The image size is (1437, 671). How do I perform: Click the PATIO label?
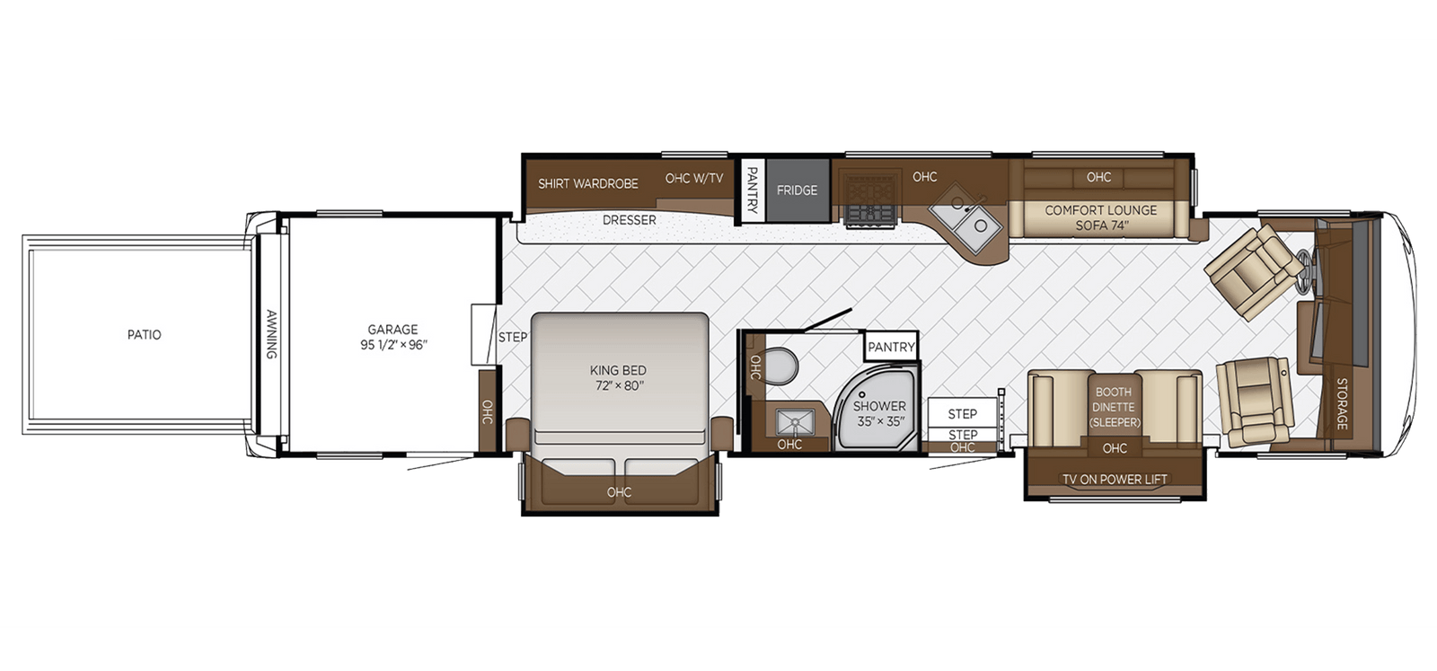pyautogui.click(x=144, y=335)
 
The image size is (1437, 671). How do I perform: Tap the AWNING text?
pyautogui.click(x=271, y=335)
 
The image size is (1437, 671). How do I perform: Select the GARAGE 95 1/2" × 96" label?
pyautogui.click(x=393, y=337)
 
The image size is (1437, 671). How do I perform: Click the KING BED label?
pyautogui.click(x=618, y=377)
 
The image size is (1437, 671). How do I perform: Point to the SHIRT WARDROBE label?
pyautogui.click(x=588, y=183)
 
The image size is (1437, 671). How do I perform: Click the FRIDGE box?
pyautogui.click(x=798, y=190)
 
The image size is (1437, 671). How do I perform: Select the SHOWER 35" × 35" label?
pyautogui.click(x=879, y=413)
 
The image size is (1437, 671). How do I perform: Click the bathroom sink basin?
pyautogui.click(x=796, y=421)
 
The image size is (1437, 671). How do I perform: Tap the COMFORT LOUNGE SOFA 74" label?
pyautogui.click(x=1100, y=217)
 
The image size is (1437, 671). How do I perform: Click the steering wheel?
pyautogui.click(x=1303, y=264)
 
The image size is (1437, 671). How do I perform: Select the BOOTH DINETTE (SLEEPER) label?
pyautogui.click(x=1115, y=407)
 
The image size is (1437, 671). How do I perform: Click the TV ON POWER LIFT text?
pyautogui.click(x=1115, y=480)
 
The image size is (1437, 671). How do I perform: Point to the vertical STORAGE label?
pyautogui.click(x=1342, y=403)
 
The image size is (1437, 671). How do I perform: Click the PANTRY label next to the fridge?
pyautogui.click(x=753, y=190)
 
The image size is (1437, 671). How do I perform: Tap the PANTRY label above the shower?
pyautogui.click(x=891, y=347)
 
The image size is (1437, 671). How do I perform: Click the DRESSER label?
pyautogui.click(x=629, y=220)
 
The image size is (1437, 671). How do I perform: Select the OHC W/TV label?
pyautogui.click(x=693, y=178)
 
